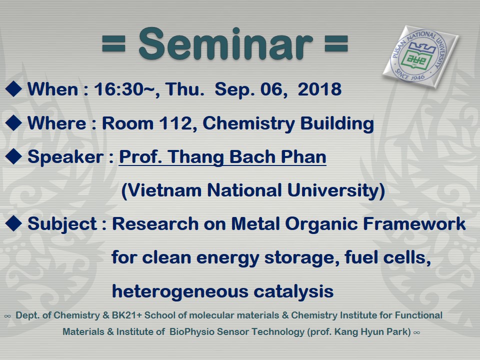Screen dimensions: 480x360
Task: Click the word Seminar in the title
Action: (225, 44)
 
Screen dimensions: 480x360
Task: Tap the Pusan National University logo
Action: (420, 56)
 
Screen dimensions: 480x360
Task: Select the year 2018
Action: (319, 89)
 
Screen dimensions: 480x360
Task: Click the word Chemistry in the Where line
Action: (249, 124)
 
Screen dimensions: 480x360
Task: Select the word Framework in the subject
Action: (414, 223)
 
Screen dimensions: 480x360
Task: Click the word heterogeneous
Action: (180, 291)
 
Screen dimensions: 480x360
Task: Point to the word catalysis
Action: (293, 291)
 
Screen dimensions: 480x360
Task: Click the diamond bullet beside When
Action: (13, 89)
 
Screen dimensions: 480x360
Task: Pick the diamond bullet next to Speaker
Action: (13, 156)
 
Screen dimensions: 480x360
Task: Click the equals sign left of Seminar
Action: (113, 44)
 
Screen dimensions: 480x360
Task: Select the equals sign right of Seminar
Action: (336, 44)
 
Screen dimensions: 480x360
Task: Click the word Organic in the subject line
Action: (321, 224)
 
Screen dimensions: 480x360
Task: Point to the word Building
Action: (337, 124)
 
